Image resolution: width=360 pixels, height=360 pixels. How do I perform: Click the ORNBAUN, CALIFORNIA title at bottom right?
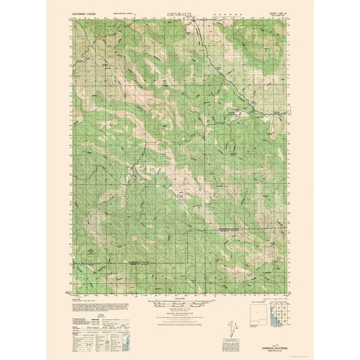(x=273, y=349)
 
